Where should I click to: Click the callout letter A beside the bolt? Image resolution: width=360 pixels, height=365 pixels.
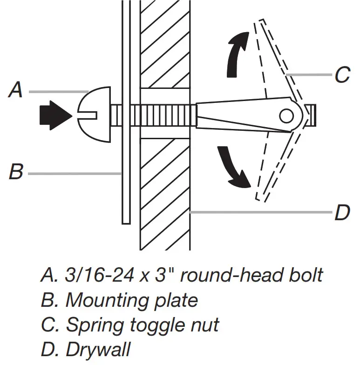[16, 89]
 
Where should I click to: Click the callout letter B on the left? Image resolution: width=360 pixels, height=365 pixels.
[16, 172]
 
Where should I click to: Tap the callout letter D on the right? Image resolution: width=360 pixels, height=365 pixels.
[342, 213]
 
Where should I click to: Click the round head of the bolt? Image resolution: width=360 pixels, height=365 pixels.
[95, 113]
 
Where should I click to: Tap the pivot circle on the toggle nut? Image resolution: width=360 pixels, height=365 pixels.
[287, 114]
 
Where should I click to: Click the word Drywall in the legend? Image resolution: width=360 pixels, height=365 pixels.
[99, 349]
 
